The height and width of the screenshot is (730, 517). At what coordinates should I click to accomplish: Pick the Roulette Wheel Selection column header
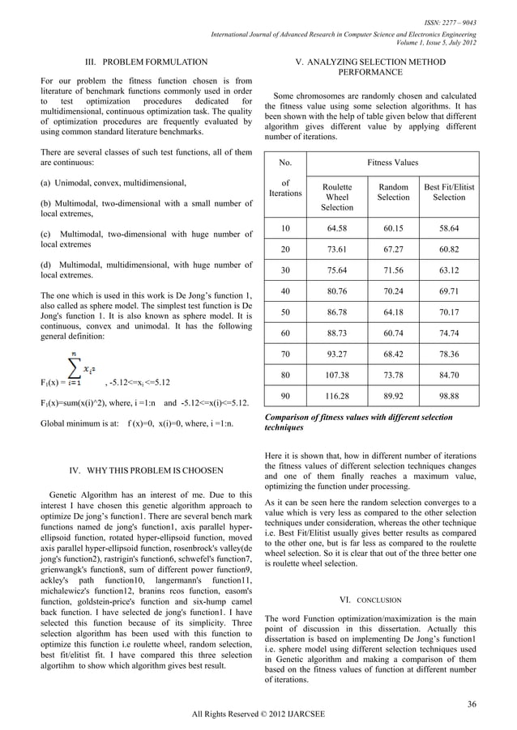point(336,197)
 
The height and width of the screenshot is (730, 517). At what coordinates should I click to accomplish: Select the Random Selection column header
point(394,192)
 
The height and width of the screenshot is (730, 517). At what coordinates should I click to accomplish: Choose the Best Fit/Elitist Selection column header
point(448,192)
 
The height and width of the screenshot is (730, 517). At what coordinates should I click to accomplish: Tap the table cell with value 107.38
point(336,375)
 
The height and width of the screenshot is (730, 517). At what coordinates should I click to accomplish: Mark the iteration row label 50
point(284,312)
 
